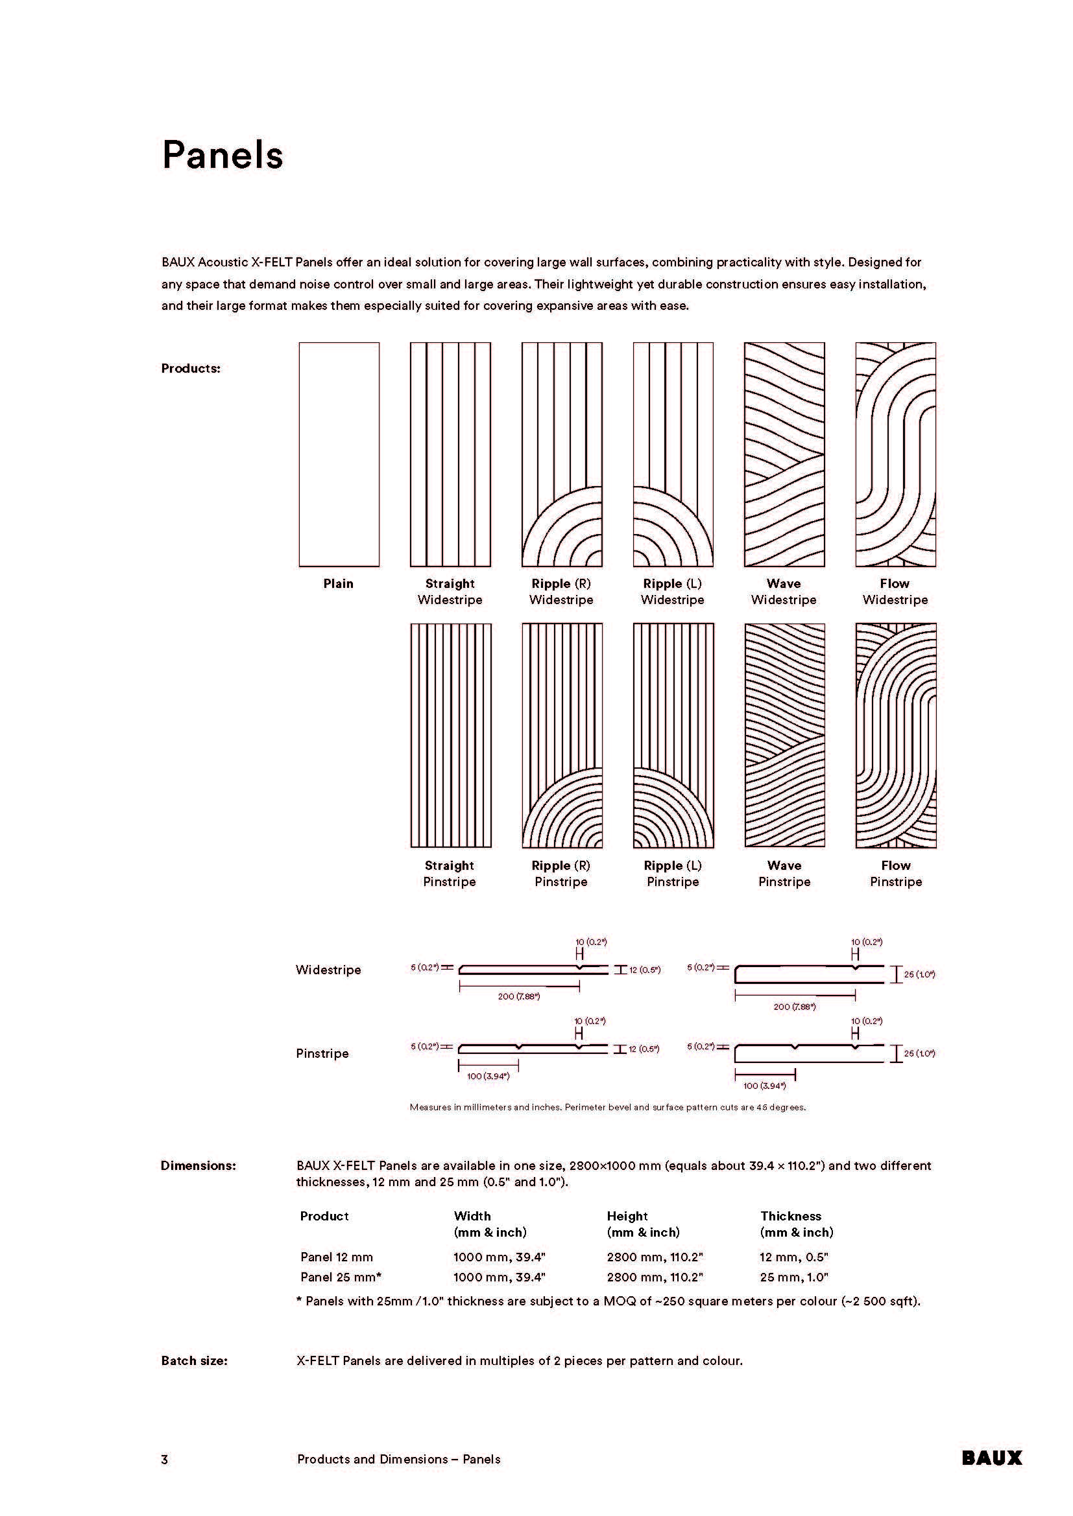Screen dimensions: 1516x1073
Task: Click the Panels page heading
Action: click(223, 156)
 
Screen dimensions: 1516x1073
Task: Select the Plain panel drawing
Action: click(339, 454)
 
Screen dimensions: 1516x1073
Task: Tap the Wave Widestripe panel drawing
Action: click(784, 454)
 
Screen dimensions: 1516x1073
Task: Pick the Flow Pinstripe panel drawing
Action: click(896, 736)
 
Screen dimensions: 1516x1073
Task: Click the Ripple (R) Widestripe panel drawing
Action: click(562, 454)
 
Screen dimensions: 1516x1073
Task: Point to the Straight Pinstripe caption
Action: click(450, 874)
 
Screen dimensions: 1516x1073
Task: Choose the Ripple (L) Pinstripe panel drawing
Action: click(673, 736)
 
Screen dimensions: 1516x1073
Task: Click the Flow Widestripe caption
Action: click(895, 592)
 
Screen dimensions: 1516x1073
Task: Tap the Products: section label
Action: click(191, 368)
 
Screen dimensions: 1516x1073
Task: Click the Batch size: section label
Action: click(194, 1361)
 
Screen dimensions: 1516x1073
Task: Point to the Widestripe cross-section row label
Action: click(328, 970)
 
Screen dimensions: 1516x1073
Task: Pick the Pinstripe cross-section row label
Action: click(322, 1053)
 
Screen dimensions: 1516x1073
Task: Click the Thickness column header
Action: click(791, 1216)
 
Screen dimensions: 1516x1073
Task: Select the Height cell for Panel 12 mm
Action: click(655, 1257)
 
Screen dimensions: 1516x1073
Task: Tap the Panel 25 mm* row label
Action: click(341, 1277)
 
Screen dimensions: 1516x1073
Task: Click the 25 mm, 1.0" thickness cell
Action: click(794, 1277)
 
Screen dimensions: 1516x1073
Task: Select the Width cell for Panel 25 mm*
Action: click(500, 1277)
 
